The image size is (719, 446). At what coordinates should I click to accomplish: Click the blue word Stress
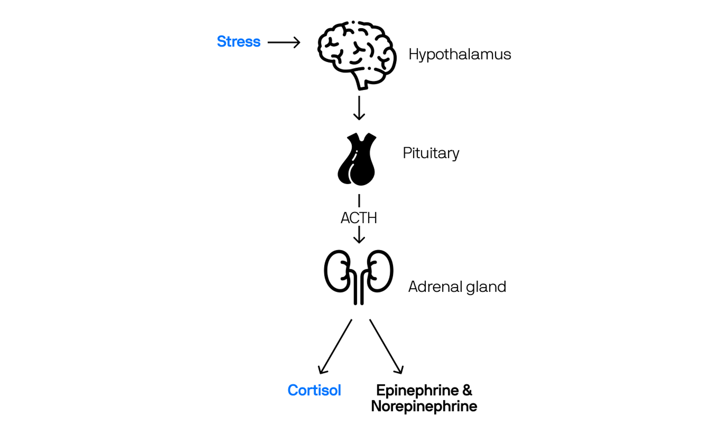click(x=238, y=42)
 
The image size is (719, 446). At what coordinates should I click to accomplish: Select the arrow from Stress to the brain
click(x=284, y=42)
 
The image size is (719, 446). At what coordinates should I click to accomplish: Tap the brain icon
click(x=357, y=54)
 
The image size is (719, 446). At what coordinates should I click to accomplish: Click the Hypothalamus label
click(x=459, y=54)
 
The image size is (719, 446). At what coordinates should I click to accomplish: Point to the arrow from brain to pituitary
click(x=359, y=108)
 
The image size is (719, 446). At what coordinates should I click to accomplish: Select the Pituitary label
click(x=431, y=153)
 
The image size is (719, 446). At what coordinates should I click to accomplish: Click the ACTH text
click(x=359, y=218)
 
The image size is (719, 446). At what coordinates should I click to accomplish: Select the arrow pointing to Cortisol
click(x=335, y=347)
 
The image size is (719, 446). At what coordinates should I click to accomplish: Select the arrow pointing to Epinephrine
click(x=386, y=347)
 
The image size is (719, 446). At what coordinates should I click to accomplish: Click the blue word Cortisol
click(x=314, y=390)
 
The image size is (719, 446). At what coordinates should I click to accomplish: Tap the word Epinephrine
click(x=417, y=390)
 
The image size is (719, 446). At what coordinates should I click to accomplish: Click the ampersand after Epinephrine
click(x=467, y=390)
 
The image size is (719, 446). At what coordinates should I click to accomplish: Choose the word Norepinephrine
click(x=424, y=406)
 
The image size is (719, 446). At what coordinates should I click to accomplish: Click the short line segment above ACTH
click(x=359, y=201)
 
